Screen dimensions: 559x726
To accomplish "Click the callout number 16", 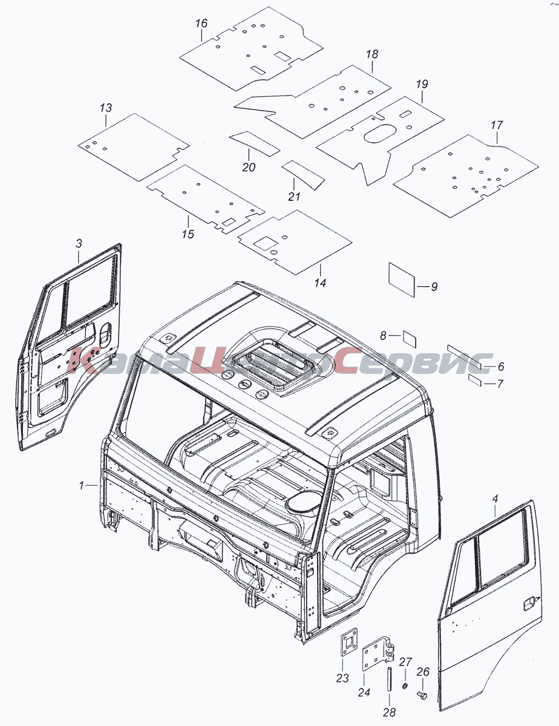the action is tap(201, 24).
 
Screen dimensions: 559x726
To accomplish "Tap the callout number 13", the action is tap(105, 108).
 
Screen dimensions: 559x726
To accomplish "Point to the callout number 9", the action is tap(434, 286).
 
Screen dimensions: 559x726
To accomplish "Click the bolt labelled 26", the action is tap(422, 696).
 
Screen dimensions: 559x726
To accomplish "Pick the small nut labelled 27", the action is tap(404, 685).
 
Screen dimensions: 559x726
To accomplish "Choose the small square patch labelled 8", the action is tap(410, 339).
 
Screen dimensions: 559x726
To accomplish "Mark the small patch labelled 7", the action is tap(475, 380).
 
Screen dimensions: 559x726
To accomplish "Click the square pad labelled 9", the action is tap(402, 280).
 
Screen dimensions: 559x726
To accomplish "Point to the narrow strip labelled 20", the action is tap(254, 143).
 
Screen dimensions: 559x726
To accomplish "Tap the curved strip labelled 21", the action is tap(303, 174).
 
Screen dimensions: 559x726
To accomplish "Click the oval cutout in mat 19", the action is tap(380, 133).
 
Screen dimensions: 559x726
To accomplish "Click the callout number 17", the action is tap(496, 125).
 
